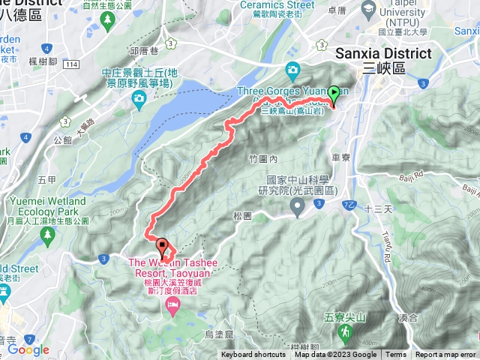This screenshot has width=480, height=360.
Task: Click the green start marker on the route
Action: click(334, 94)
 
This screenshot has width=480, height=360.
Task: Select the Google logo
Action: click(28, 349)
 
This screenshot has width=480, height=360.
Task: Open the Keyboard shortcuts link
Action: click(253, 355)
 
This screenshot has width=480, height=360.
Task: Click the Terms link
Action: click(396, 355)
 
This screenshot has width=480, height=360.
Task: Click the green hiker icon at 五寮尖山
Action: click(346, 330)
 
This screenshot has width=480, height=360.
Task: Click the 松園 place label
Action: click(241, 215)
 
